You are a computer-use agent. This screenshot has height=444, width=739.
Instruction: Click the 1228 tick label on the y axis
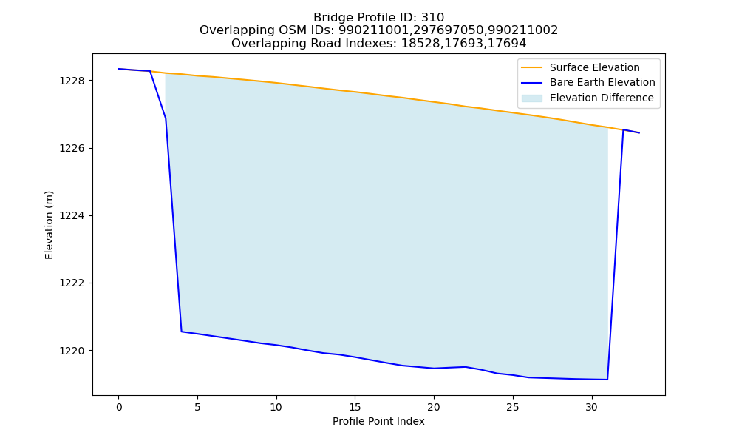[73, 81]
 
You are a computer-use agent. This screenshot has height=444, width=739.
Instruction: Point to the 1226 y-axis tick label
[73, 149]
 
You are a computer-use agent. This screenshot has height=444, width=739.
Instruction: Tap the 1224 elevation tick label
[73, 216]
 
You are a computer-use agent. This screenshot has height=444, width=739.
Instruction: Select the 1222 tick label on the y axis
[73, 283]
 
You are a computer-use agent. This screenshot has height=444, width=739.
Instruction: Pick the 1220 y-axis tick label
[73, 351]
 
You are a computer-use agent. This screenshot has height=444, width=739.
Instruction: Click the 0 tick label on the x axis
[119, 407]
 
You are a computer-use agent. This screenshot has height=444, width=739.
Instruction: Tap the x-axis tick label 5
[197, 407]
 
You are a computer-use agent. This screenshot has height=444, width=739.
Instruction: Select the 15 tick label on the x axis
[355, 407]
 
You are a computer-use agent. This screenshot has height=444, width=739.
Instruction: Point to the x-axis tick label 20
[434, 407]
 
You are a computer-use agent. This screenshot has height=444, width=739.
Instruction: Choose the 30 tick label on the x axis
[591, 407]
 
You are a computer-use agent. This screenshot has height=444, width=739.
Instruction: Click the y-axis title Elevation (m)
[49, 225]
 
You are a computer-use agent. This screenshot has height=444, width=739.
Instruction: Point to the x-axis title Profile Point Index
[378, 421]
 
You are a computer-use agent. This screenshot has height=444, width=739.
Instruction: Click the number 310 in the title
[433, 18]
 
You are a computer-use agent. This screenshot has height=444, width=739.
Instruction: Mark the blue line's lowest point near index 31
[607, 380]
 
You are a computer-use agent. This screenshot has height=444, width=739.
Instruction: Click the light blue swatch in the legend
[531, 98]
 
